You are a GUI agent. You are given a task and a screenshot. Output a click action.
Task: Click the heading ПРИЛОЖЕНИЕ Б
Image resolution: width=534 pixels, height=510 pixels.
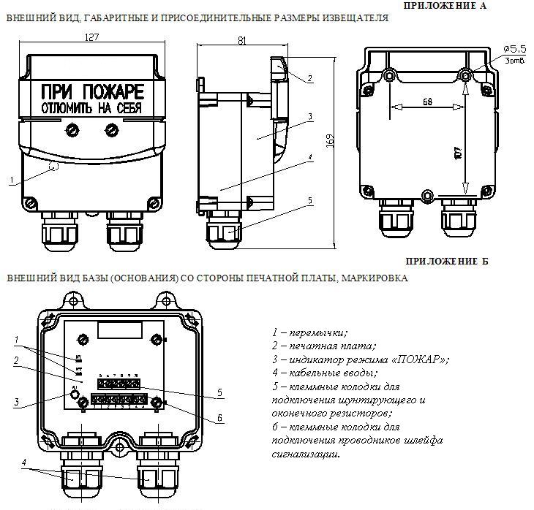point(446,261)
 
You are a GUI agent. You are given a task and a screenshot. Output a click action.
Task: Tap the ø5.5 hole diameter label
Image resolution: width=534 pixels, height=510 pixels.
point(511,47)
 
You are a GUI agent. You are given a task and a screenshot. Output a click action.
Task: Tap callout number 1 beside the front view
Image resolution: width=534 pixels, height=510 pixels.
point(12,179)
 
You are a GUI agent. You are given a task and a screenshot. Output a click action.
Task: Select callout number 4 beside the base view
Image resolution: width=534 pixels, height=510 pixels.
point(24,463)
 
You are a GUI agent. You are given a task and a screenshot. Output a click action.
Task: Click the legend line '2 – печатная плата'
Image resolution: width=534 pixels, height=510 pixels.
point(324,346)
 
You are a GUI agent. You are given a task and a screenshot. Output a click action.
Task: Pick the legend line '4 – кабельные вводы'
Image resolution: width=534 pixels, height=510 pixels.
point(330,373)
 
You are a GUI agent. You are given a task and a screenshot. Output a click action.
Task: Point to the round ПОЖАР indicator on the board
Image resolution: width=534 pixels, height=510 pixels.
point(75,396)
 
